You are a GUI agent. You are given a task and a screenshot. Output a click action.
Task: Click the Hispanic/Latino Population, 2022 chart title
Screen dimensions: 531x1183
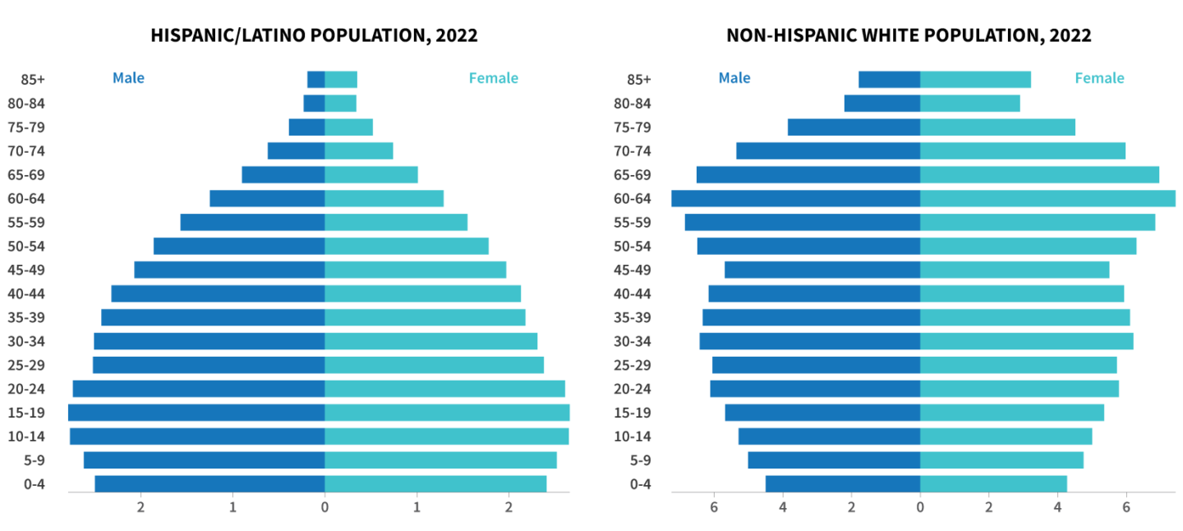pyautogui.click(x=314, y=35)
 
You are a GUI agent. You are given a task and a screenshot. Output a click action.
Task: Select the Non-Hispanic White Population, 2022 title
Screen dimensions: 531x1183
pyautogui.click(x=909, y=35)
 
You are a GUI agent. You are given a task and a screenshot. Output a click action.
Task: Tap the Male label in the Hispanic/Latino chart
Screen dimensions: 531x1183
pyautogui.click(x=128, y=78)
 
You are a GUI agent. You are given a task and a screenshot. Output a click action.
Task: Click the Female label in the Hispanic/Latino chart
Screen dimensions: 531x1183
pyautogui.click(x=493, y=78)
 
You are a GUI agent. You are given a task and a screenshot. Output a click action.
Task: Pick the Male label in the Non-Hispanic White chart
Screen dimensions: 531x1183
pyautogui.click(x=734, y=78)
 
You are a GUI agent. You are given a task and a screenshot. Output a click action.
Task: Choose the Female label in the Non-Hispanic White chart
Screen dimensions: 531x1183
pyautogui.click(x=1099, y=78)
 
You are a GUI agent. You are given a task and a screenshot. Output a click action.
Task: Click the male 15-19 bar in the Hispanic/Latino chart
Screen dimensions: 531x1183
pyautogui.click(x=196, y=413)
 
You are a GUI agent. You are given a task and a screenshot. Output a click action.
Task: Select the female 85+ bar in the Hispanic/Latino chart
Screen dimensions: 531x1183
pyautogui.click(x=341, y=80)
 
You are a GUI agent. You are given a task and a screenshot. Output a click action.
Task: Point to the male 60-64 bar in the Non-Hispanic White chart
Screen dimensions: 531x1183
pyautogui.click(x=795, y=198)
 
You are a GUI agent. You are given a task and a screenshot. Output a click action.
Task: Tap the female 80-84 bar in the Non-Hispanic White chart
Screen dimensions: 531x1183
pyautogui.click(x=969, y=104)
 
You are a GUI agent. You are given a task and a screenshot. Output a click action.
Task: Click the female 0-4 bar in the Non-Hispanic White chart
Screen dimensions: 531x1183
pyautogui.click(x=993, y=483)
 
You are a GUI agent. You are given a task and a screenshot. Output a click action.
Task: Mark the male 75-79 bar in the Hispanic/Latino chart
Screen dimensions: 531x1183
pyautogui.click(x=306, y=127)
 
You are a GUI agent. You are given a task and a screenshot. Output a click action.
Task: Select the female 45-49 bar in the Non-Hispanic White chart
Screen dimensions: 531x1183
pyautogui.click(x=1015, y=270)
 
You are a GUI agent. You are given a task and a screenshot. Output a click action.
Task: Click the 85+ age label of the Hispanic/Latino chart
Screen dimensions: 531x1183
pyautogui.click(x=33, y=80)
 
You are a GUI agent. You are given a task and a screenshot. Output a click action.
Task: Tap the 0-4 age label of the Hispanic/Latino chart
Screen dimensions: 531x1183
pyautogui.click(x=34, y=483)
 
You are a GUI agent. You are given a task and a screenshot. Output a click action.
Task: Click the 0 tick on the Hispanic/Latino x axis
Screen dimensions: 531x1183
pyautogui.click(x=325, y=507)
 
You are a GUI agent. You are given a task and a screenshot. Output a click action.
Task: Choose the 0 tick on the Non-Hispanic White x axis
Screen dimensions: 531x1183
pyautogui.click(x=920, y=507)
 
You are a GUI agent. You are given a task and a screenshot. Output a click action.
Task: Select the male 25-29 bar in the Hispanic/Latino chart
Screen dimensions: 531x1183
pyautogui.click(x=209, y=365)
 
